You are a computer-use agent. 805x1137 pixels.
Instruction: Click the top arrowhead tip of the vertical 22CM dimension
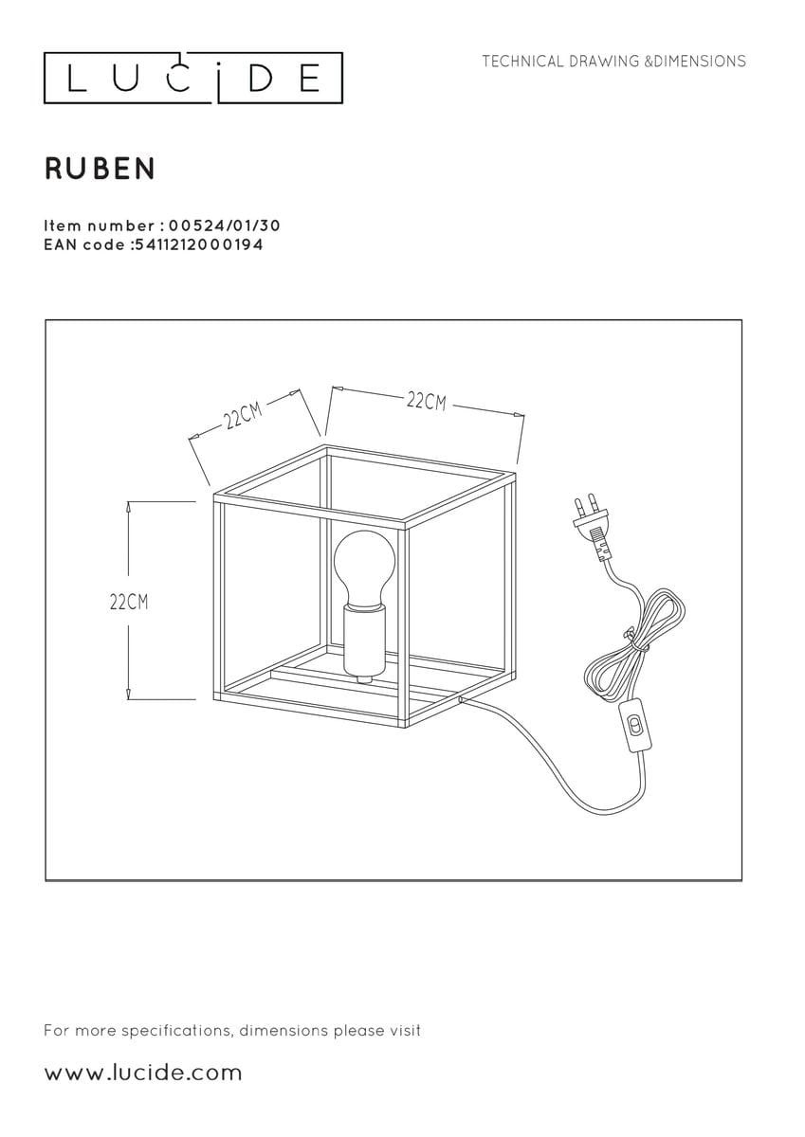129,501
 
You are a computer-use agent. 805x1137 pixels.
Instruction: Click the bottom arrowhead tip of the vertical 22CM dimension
129,699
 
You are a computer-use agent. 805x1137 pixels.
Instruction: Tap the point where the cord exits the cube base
460,700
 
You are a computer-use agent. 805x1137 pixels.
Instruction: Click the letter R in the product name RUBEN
54,169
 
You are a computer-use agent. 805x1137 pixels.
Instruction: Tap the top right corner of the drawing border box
741,320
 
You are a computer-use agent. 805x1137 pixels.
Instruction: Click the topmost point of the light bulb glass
364,531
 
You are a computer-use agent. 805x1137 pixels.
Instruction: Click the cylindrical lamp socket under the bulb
364,641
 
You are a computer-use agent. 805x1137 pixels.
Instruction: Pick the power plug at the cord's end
592,527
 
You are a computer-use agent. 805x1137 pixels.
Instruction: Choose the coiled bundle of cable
635,645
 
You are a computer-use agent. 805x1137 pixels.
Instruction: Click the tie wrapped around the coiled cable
637,641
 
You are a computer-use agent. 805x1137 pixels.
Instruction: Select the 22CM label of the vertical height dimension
129,603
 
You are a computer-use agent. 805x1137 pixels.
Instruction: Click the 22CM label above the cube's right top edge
426,402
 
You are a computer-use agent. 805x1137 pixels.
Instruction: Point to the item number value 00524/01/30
224,226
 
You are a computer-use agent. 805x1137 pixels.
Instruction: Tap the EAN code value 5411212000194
197,245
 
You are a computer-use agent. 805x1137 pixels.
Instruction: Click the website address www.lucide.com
143,1074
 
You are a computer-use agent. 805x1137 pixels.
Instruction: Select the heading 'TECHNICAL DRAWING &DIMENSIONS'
614,62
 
